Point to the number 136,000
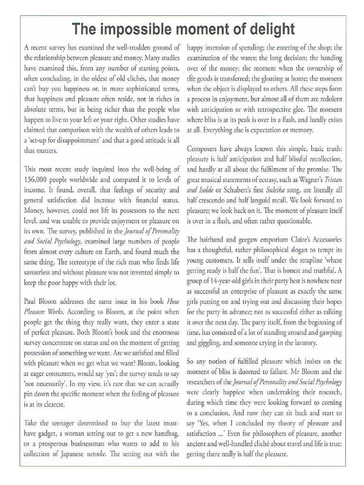coord(39,180)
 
